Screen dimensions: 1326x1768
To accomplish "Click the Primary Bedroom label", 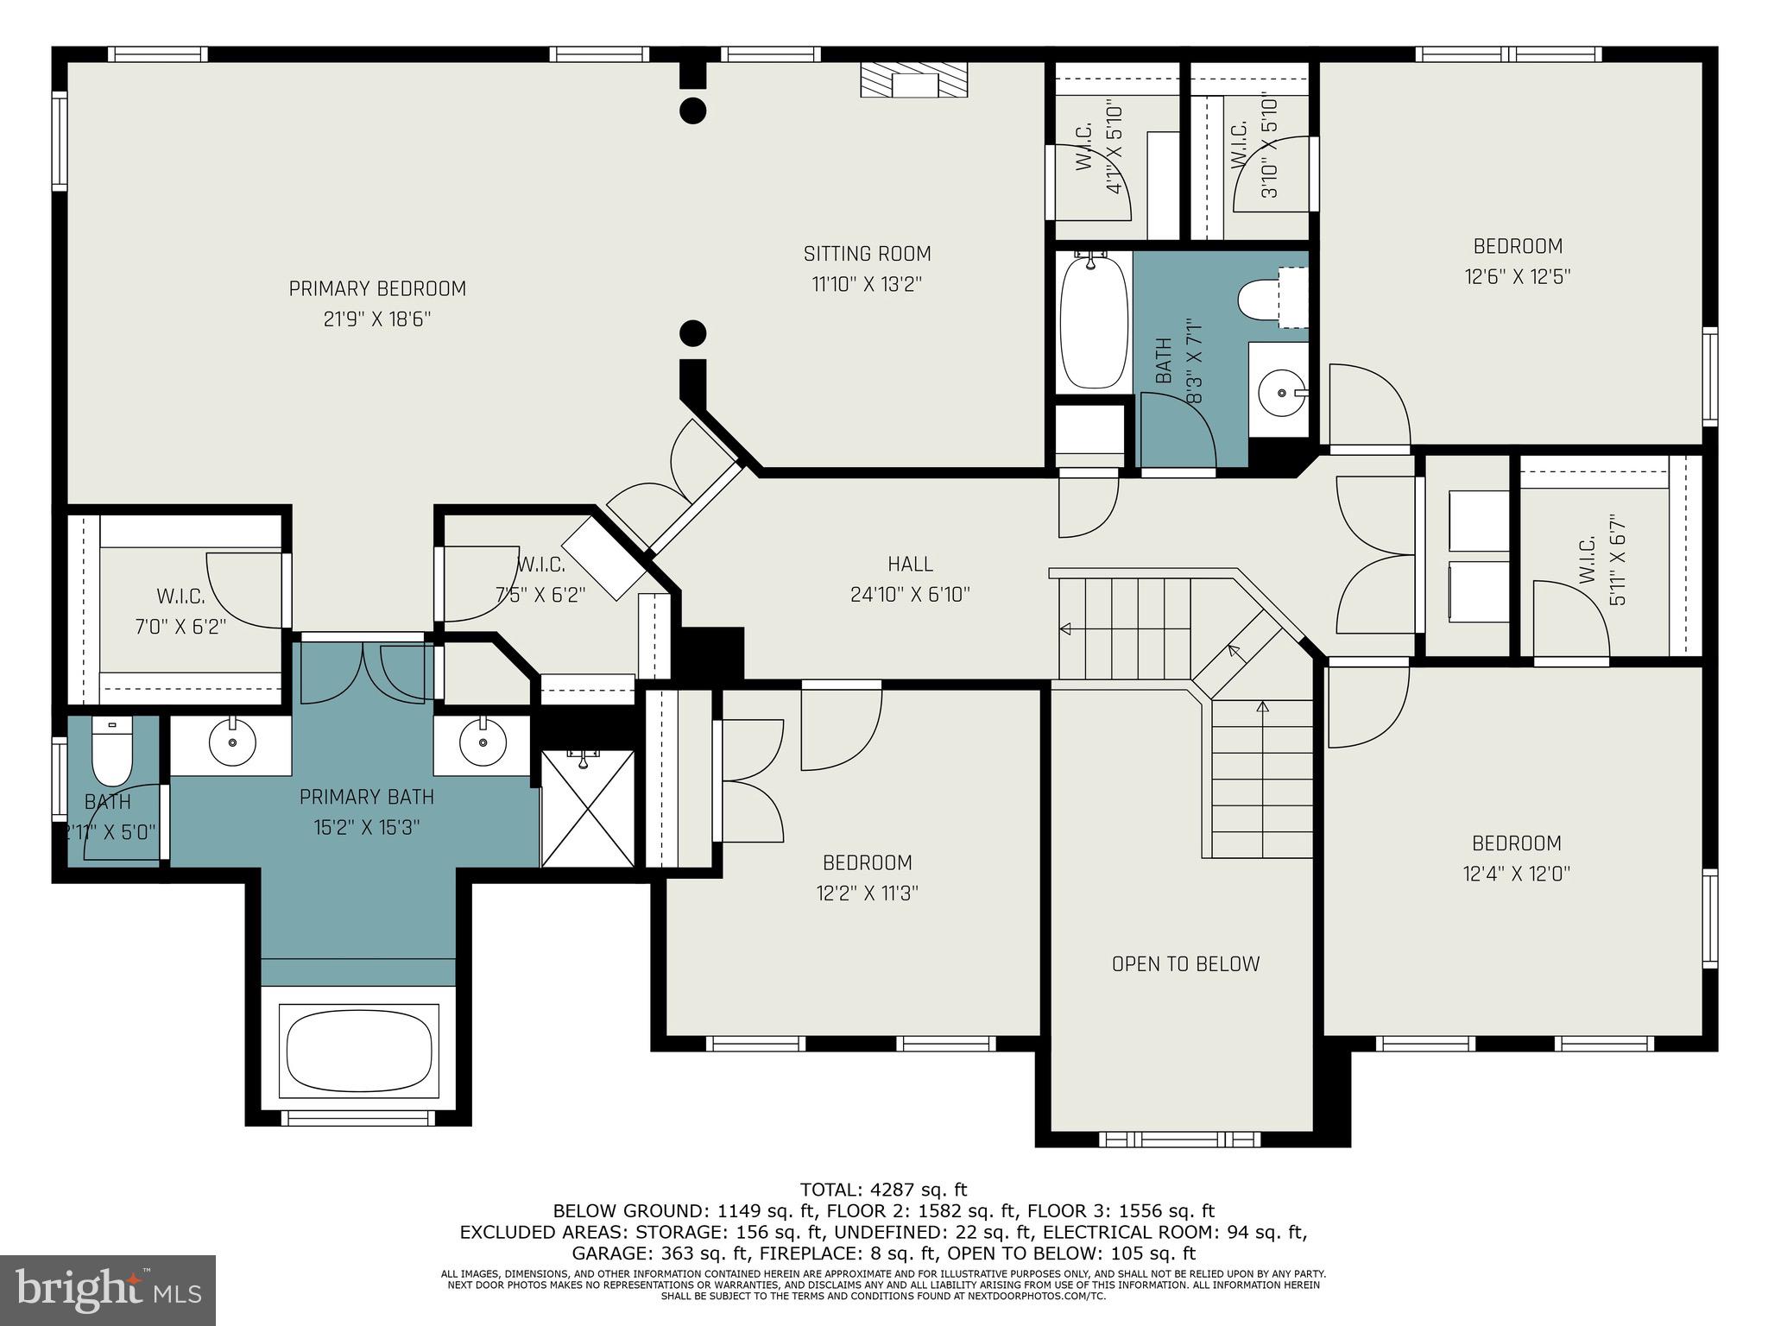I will coord(377,289).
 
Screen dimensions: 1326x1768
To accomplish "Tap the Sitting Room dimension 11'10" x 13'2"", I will coord(867,285).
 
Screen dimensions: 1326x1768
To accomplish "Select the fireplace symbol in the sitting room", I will coord(913,80).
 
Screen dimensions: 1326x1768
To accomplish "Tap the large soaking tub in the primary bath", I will coord(358,1051).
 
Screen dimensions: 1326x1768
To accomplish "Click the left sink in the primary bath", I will coord(231,742).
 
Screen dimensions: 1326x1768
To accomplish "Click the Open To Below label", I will coord(1185,964).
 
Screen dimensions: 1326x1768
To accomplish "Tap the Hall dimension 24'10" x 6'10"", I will coord(910,595).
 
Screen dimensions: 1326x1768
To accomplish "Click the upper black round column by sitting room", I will coord(693,110).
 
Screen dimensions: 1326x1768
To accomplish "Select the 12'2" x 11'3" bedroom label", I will coord(867,862).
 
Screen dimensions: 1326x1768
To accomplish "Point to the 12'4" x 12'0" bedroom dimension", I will coord(1516,874).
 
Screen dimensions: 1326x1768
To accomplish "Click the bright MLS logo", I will coord(108,1291).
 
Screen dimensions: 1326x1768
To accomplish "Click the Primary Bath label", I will coord(366,797).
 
